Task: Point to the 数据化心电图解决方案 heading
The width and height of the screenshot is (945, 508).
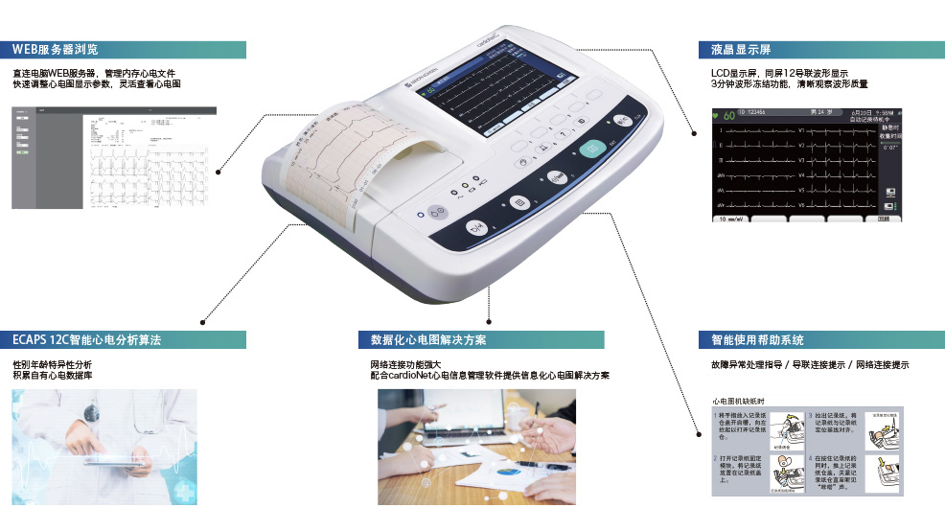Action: coord(428,340)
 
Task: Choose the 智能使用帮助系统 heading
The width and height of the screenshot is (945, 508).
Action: coord(750,340)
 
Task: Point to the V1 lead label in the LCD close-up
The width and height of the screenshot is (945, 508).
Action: coord(801,129)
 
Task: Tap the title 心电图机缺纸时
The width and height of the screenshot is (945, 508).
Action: coord(737,401)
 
